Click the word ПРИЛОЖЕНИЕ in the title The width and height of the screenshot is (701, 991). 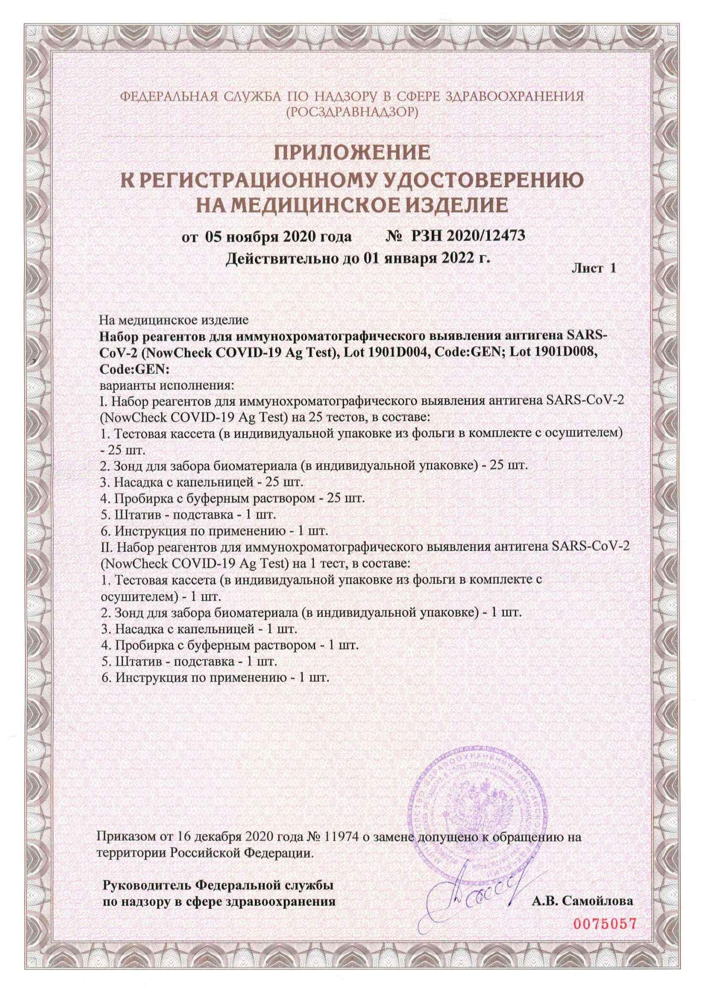(352, 153)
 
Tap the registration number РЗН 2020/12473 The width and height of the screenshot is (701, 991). (468, 235)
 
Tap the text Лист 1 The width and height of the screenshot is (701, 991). (593, 269)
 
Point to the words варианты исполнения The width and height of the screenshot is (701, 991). (167, 385)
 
